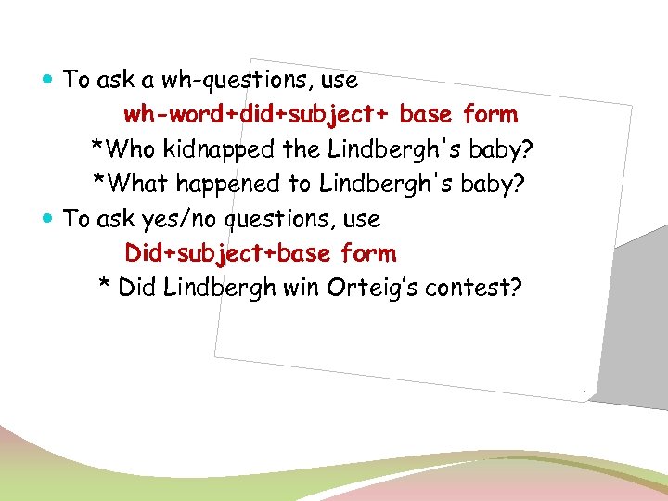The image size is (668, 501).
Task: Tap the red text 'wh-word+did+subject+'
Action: click(x=258, y=115)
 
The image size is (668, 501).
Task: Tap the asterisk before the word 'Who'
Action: click(x=96, y=147)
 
